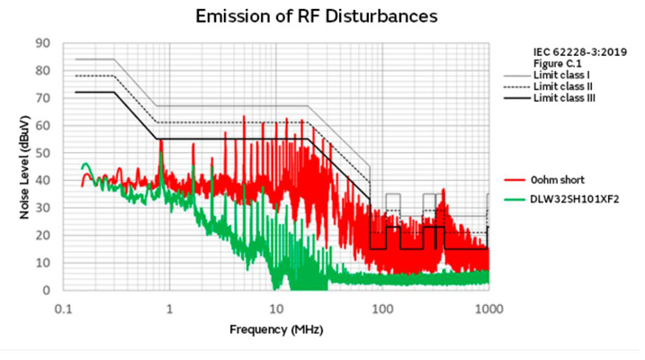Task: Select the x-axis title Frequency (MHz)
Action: pyautogui.click(x=275, y=328)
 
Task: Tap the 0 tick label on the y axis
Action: pyautogui.click(x=45, y=290)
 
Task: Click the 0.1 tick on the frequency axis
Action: pyautogui.click(x=64, y=307)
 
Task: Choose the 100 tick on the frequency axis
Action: pyautogui.click(x=382, y=307)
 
